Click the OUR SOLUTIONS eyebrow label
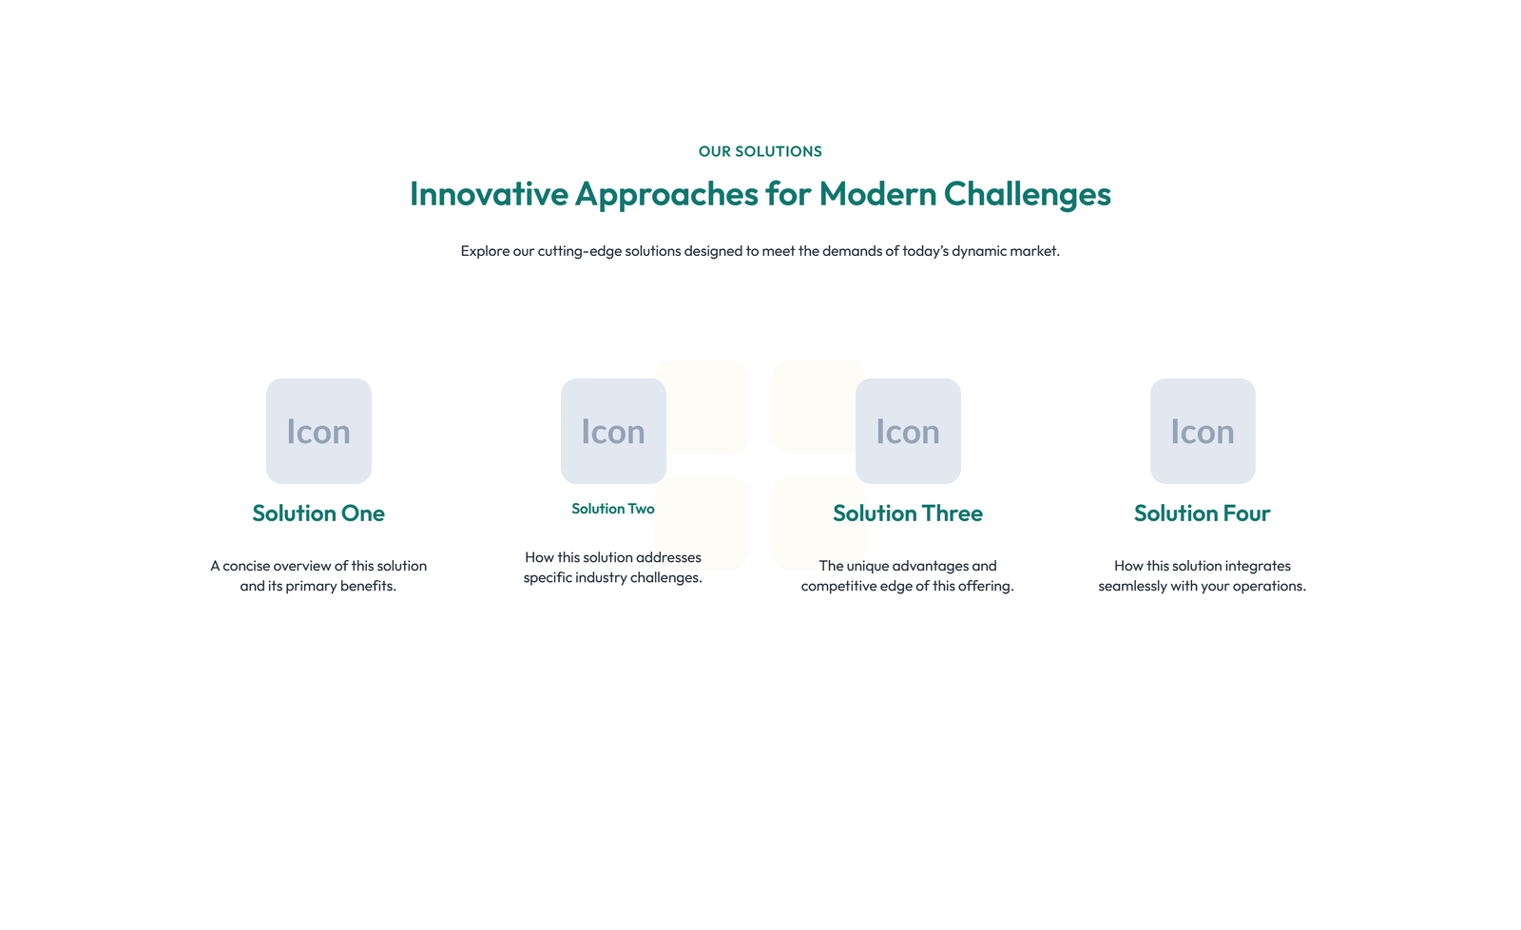coord(760,151)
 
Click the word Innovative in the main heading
coord(489,194)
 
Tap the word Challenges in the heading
coord(1028,195)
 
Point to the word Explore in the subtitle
coord(485,251)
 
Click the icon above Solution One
coord(318,432)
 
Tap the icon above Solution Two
coord(613,432)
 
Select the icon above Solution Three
coord(908,432)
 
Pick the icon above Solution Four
coord(1203,432)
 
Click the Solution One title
coord(318,513)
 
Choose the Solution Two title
coord(613,509)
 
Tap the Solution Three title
coord(908,513)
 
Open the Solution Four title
coord(1203,513)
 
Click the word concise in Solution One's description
coord(246,566)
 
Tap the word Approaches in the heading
coord(666,195)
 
